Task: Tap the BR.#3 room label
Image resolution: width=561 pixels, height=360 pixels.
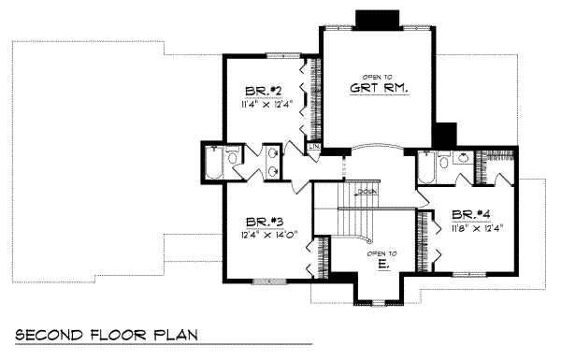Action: click(x=258, y=222)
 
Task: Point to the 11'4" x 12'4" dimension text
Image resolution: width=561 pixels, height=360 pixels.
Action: click(x=266, y=105)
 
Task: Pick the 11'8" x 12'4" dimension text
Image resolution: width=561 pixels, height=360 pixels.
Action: click(x=476, y=226)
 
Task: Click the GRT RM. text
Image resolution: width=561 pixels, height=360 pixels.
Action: click(x=381, y=89)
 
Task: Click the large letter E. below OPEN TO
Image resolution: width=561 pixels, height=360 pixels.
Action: click(x=383, y=266)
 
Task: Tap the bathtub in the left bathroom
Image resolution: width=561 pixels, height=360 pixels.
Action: click(x=212, y=166)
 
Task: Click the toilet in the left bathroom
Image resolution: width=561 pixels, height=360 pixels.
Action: click(x=234, y=155)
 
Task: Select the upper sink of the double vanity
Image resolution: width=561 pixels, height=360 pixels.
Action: click(x=272, y=153)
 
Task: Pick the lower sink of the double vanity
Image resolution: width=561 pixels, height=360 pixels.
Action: click(x=272, y=170)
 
